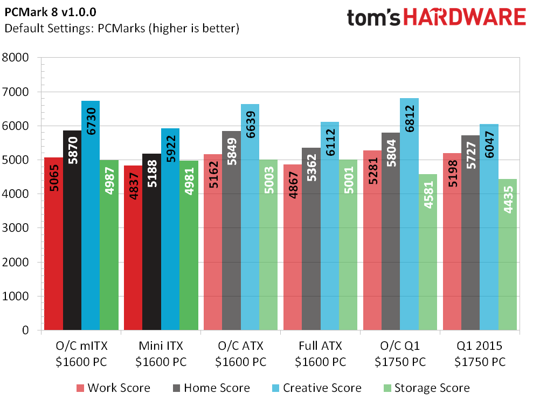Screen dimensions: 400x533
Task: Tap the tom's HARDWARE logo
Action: coord(436,17)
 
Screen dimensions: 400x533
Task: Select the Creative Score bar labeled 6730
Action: coord(91,216)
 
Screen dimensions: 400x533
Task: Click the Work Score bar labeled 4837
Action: coord(133,248)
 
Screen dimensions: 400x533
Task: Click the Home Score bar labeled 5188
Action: coord(151,242)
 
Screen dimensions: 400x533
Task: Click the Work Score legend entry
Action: coord(113,388)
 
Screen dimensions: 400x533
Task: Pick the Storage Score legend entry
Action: coord(425,388)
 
